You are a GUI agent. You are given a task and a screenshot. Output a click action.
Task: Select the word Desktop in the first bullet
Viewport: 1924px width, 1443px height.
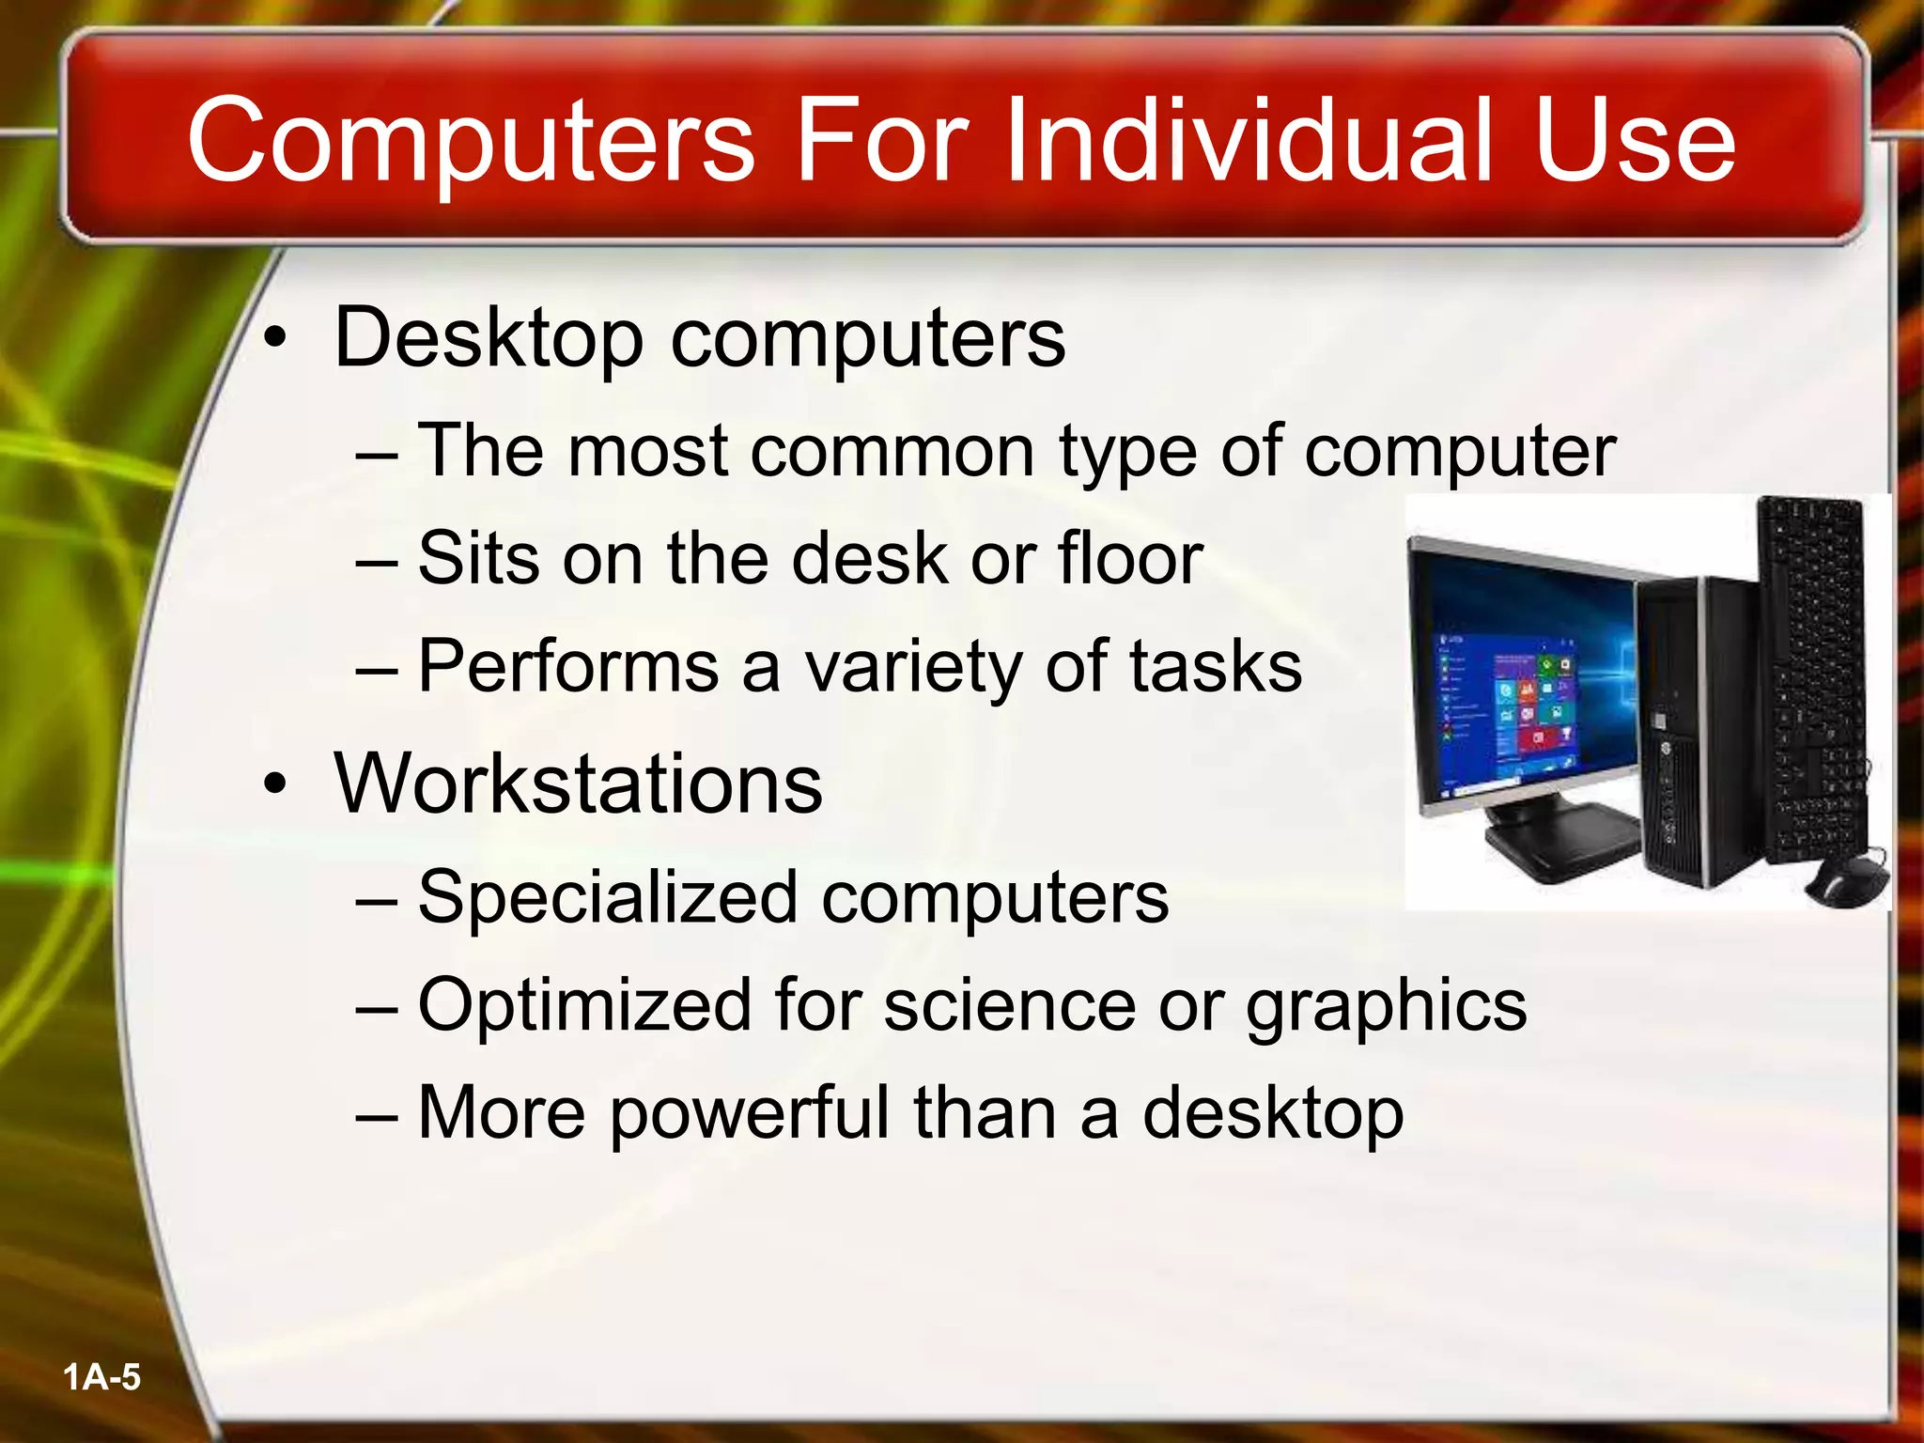coord(489,338)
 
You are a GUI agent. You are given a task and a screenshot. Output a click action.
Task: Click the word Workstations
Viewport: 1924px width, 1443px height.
coord(578,784)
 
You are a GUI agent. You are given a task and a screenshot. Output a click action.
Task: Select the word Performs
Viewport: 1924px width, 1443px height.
coord(568,667)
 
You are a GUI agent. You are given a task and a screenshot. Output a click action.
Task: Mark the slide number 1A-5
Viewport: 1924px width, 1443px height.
coord(101,1378)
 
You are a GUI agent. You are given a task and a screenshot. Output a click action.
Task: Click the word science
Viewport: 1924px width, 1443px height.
coord(1010,1005)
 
